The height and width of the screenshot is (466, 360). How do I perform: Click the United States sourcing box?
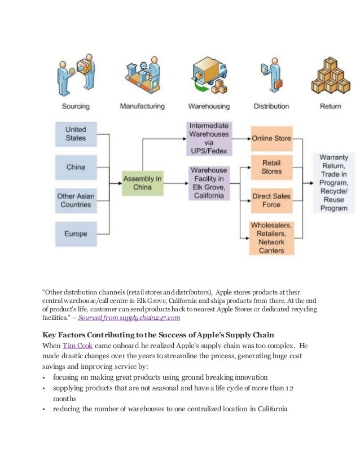(x=76, y=134)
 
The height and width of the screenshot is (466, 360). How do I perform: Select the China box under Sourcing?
(x=76, y=168)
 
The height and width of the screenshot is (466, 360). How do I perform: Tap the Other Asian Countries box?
(x=76, y=201)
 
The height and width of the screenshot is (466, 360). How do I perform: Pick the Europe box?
(x=76, y=234)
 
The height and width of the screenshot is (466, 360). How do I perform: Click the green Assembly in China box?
(x=142, y=183)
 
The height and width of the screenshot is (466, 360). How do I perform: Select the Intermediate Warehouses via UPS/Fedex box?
(x=209, y=139)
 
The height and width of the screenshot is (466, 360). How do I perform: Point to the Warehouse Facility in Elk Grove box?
(x=209, y=183)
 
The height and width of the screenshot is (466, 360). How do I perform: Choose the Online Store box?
(x=271, y=139)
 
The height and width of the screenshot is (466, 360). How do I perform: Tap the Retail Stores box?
(x=271, y=168)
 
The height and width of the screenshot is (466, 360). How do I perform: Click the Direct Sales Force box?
(x=271, y=201)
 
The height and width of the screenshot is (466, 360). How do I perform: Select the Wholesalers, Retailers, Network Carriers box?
(x=271, y=238)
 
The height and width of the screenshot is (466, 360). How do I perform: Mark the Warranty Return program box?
(x=333, y=183)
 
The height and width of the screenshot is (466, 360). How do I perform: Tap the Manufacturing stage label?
(x=142, y=106)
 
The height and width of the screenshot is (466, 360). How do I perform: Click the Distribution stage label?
(x=271, y=106)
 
